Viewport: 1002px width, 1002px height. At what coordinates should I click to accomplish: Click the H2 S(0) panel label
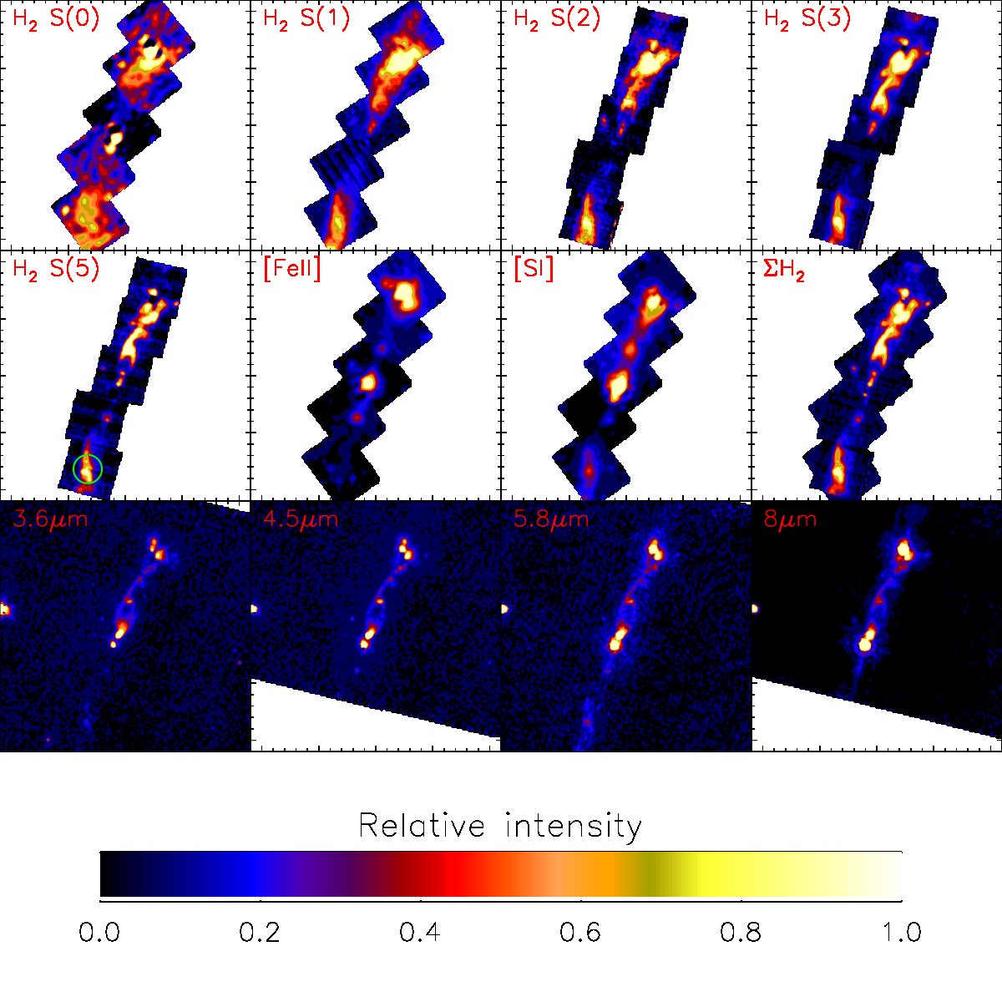(56, 19)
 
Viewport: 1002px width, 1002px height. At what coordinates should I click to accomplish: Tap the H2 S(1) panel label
(306, 19)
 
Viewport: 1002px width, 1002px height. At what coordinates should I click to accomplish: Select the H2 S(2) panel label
(557, 19)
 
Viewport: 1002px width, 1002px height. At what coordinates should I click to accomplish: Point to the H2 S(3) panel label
(807, 19)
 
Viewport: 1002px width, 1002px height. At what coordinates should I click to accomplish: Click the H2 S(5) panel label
(56, 270)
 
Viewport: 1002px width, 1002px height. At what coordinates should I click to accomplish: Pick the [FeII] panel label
(292, 270)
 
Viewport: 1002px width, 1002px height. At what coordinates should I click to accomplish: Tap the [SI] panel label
(534, 270)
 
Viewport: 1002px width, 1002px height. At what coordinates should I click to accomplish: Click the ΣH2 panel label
(785, 271)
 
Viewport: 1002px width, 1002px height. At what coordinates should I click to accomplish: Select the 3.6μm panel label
(50, 519)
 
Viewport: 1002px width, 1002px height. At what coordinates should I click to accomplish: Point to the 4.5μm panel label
(301, 519)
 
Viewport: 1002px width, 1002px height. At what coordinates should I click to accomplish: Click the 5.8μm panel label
(551, 519)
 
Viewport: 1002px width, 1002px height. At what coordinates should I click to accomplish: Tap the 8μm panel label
(791, 519)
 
